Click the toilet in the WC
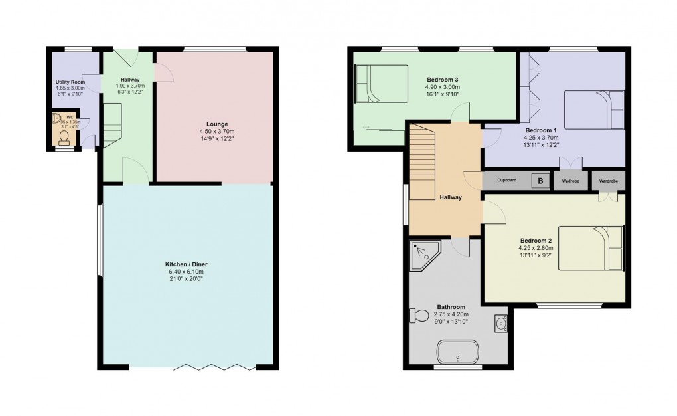click(x=64, y=138)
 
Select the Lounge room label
click(x=216, y=124)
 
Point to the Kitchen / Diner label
click(x=186, y=264)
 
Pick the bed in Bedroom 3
click(x=381, y=84)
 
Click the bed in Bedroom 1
click(x=594, y=109)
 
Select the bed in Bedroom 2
click(x=591, y=248)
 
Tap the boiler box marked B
click(x=540, y=181)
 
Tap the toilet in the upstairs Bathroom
click(x=420, y=315)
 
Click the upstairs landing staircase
click(x=421, y=162)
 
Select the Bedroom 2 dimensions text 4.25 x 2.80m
click(x=536, y=248)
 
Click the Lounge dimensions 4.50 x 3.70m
click(x=216, y=132)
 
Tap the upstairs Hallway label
click(x=450, y=197)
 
